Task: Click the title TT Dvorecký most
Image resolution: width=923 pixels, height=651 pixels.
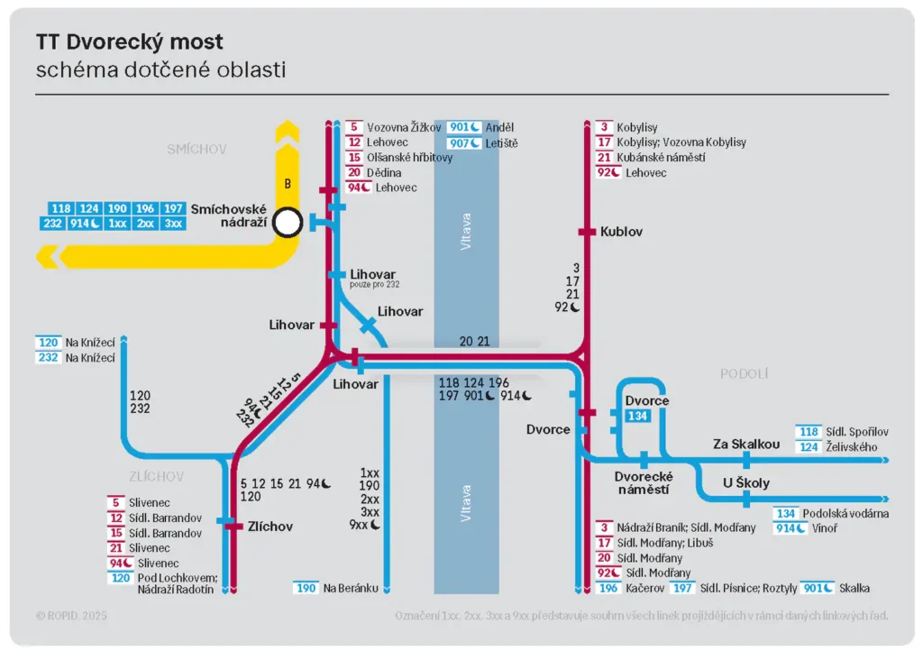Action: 130,41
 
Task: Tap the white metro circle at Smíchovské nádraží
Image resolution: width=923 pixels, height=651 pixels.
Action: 288,222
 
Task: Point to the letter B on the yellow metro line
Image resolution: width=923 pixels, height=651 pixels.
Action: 288,184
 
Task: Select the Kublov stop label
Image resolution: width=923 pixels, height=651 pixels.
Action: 621,232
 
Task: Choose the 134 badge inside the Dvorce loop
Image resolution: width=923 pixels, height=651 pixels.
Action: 637,416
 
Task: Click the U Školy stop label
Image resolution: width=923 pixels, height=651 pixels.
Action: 746,482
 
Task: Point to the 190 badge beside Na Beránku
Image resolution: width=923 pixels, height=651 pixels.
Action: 306,588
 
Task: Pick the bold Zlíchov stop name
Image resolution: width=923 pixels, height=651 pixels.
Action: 270,526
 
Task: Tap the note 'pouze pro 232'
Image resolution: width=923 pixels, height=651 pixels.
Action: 375,285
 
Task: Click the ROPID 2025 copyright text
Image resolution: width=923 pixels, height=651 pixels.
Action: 71,615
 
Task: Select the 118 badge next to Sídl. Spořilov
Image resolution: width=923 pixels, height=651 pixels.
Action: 808,432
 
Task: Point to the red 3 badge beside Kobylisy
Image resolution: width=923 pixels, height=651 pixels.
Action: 604,128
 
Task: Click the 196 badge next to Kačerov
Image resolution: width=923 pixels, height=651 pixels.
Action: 608,588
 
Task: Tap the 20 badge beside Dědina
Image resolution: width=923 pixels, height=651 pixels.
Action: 354,172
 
